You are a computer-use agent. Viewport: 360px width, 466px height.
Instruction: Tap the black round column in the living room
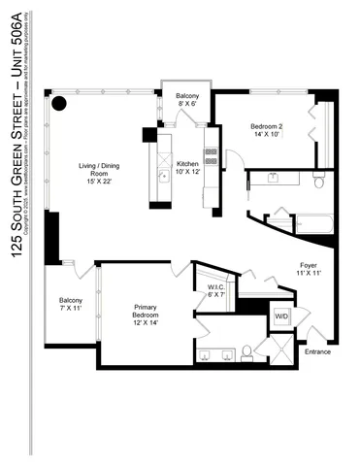pyautogui.click(x=59, y=104)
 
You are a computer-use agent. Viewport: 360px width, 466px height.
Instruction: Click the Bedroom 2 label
pyautogui.click(x=268, y=132)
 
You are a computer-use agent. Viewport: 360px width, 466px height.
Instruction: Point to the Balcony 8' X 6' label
pyautogui.click(x=187, y=101)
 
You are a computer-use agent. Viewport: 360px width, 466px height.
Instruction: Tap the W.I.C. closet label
pyautogui.click(x=216, y=292)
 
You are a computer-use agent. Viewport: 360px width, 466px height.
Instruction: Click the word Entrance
pyautogui.click(x=316, y=351)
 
